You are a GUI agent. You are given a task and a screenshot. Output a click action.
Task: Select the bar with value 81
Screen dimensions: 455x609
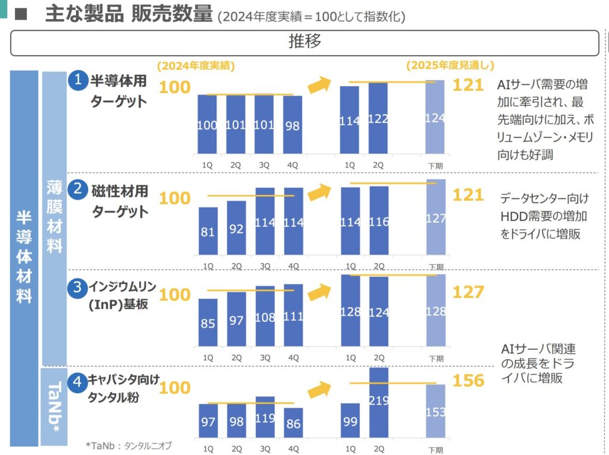pos(208,231)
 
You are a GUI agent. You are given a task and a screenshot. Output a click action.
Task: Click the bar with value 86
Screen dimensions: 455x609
pos(293,425)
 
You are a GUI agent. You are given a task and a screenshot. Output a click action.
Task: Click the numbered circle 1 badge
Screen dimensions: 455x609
pos(77,80)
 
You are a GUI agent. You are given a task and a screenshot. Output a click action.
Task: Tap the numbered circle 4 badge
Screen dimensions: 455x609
pos(77,382)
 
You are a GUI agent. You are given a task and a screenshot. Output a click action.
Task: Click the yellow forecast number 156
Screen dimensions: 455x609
pos(468,381)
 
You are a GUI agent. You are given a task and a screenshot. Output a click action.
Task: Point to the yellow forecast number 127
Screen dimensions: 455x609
pos(468,292)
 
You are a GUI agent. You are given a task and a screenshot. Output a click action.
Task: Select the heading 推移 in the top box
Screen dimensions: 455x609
pos(304,42)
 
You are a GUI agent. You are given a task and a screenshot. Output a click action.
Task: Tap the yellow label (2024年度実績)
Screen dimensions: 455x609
pos(196,66)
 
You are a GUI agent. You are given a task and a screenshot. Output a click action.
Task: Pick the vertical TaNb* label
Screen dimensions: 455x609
pos(54,406)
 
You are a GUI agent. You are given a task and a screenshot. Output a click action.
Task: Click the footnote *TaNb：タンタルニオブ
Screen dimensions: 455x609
pos(128,445)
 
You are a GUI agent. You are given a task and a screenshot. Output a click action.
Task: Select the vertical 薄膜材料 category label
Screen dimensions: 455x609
pos(54,217)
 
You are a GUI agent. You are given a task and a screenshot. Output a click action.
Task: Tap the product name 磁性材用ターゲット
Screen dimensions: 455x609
pos(119,201)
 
